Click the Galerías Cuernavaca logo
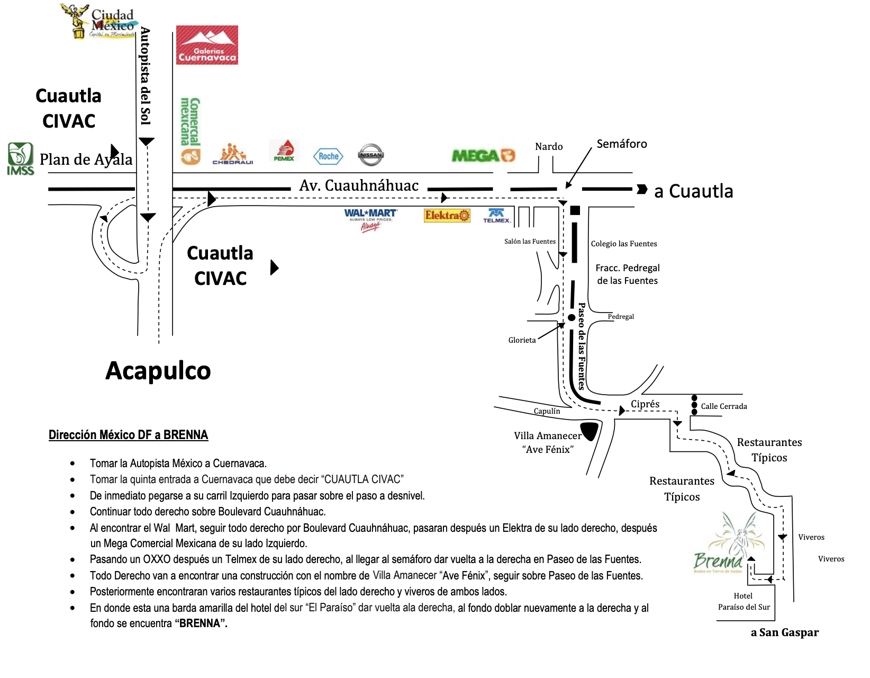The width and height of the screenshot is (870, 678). [x=207, y=45]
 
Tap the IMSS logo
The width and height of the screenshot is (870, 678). [x=21, y=158]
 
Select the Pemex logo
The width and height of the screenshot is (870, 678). [x=284, y=151]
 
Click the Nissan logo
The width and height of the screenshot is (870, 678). [x=371, y=155]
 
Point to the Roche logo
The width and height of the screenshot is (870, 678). [x=329, y=156]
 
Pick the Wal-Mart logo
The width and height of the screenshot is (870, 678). [x=370, y=219]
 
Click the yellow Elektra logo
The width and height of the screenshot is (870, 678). [x=447, y=215]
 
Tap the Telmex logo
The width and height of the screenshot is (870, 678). [x=496, y=216]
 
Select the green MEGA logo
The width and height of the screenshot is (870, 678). [x=483, y=155]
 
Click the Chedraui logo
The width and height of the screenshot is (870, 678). [x=233, y=154]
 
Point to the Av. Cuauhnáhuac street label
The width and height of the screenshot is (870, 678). [x=359, y=185]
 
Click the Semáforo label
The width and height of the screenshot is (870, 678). [x=622, y=144]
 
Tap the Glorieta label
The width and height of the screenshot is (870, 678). [x=522, y=340]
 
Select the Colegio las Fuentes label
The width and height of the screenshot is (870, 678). [x=624, y=244]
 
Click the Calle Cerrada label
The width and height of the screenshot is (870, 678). [x=724, y=406]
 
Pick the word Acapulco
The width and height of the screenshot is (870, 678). [x=158, y=370]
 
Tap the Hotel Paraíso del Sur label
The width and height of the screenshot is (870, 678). [x=744, y=602]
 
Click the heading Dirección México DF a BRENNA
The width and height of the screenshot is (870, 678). [x=128, y=435]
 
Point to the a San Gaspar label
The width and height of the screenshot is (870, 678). [x=784, y=632]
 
